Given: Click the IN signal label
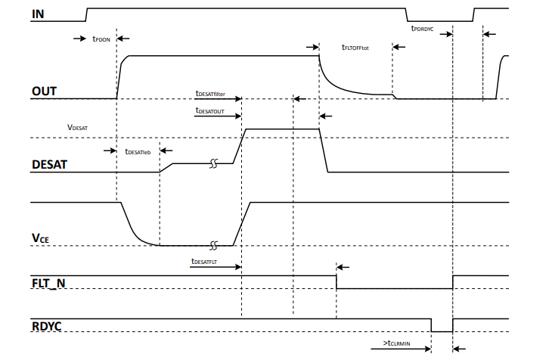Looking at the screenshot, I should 37,14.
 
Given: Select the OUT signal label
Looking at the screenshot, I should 45,92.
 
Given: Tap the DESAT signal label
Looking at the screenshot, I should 51,164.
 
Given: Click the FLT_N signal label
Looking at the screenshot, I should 52,281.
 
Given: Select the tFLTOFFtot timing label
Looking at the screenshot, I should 355,46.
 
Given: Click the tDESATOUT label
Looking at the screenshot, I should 211,110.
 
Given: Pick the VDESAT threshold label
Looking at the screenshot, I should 78,129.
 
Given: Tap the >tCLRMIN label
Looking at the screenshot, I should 397,343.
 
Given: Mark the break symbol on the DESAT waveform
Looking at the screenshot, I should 214,163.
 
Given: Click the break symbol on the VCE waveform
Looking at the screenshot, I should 214,245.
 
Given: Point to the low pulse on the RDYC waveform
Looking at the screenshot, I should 442,326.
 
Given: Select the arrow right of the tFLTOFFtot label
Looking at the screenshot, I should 399,46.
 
